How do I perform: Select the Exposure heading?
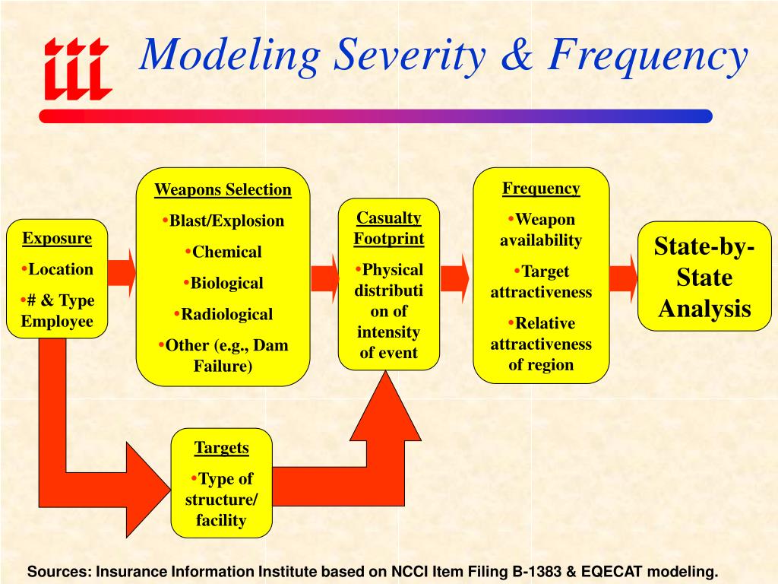tap(57, 238)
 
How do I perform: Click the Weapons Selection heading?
tap(223, 189)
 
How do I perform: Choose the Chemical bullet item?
tap(226, 252)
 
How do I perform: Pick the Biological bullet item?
tap(226, 283)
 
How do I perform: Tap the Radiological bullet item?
tap(226, 314)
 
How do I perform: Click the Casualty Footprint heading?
tap(389, 228)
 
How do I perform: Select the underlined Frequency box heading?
tap(541, 189)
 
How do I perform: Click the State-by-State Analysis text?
tap(704, 278)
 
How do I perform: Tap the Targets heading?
tap(222, 447)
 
